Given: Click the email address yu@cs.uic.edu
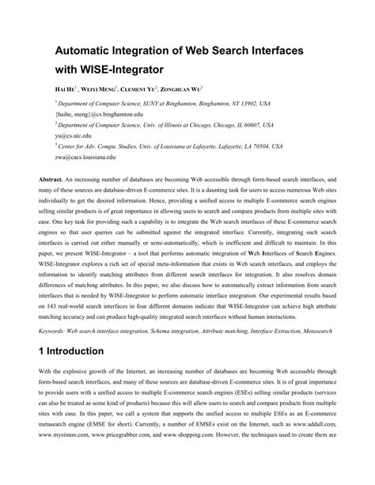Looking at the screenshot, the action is coord(62,135).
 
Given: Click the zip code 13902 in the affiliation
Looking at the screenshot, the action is coord(247,103).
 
